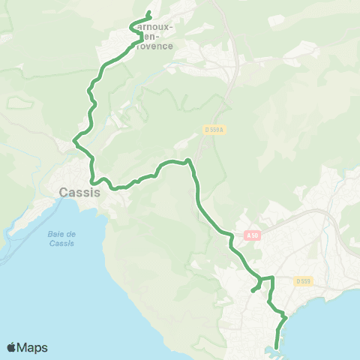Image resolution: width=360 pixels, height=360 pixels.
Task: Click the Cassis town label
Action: coord(79,193)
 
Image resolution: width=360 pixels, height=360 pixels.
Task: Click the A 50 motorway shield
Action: coord(252,235)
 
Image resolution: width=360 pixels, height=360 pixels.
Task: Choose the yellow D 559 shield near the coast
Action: coord(303,281)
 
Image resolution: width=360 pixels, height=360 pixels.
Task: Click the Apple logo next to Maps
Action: coord(11,347)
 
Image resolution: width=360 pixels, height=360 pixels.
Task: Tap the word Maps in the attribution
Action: coord(32,347)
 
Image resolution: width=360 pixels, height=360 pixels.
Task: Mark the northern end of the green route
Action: coord(149,13)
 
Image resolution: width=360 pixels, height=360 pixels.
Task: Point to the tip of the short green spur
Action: coord(252,291)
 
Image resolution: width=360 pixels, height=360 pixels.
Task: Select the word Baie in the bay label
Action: coord(71,233)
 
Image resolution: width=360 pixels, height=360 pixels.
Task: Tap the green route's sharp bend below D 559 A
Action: coord(189,160)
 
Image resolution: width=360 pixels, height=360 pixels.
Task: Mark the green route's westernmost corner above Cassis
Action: coord(73,139)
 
